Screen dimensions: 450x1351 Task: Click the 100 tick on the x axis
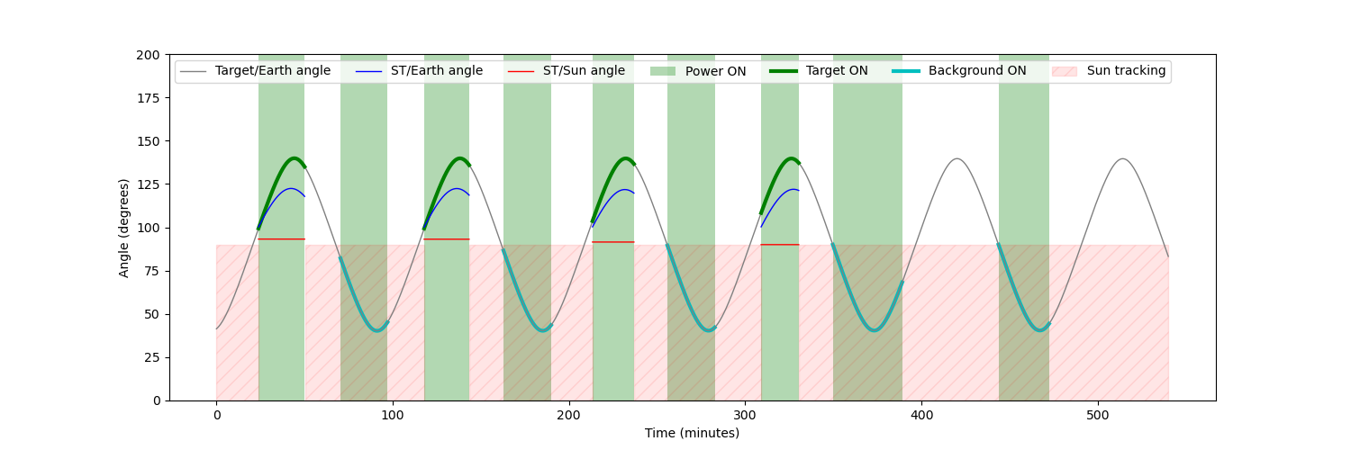(393, 415)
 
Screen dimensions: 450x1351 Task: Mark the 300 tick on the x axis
(745, 415)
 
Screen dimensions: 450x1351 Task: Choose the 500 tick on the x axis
(1098, 415)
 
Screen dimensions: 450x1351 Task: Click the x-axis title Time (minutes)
(692, 433)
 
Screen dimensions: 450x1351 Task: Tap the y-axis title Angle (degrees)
(124, 228)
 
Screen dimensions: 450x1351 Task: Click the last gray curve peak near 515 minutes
(1122, 159)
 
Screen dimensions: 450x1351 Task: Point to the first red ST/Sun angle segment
(281, 239)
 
